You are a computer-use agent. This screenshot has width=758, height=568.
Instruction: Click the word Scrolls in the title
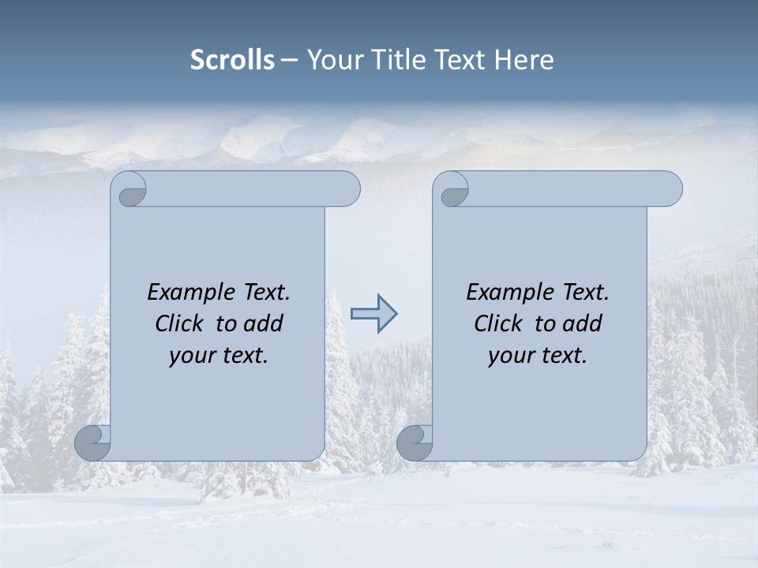pos(232,60)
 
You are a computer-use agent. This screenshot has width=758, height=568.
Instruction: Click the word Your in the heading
pos(331,60)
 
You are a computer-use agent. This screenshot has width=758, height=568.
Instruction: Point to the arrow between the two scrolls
pos(373,314)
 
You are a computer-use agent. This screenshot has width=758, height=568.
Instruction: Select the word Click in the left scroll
pos(178,323)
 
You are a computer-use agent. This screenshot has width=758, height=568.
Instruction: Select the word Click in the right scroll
pos(497,323)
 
